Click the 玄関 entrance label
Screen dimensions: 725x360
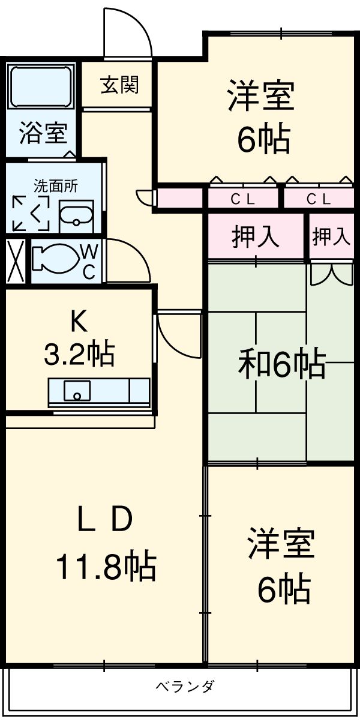119,85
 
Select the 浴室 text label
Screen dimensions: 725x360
41,133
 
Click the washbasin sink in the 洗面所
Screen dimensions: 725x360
76,215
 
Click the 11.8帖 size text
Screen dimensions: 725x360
106,566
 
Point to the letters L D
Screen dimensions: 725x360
106,521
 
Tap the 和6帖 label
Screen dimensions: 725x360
282,364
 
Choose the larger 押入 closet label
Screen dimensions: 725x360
256,237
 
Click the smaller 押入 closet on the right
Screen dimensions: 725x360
331,236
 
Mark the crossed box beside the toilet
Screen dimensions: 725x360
15,262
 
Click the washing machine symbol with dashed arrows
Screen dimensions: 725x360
31,213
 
